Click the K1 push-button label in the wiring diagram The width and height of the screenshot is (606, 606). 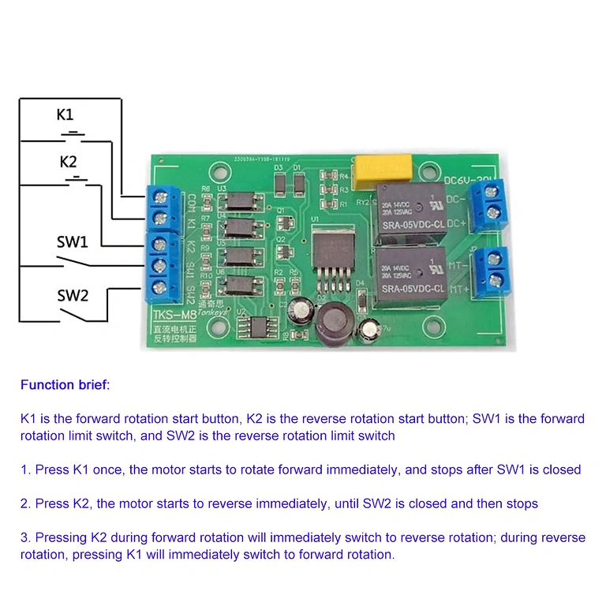coord(65,114)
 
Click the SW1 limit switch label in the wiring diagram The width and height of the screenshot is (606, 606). coord(73,241)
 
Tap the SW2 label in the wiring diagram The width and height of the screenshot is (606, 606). coord(73,296)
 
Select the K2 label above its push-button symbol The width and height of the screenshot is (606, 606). coord(69,162)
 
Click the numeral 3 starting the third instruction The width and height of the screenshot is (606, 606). coord(24,537)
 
